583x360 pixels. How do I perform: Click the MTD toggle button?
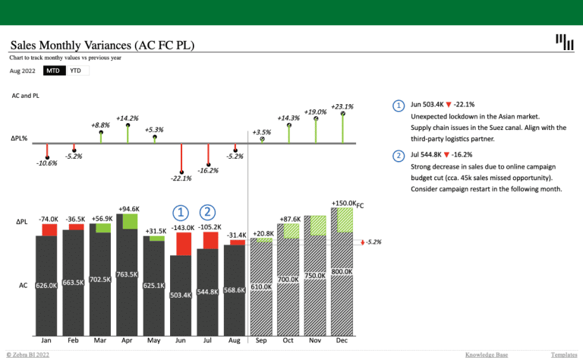click(x=52, y=71)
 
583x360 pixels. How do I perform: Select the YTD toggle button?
click(x=76, y=71)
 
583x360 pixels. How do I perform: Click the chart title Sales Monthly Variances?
click(x=102, y=46)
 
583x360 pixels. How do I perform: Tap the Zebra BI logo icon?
click(x=564, y=43)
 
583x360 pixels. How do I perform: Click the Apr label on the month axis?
click(x=127, y=341)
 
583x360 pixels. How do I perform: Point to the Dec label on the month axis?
click(x=342, y=341)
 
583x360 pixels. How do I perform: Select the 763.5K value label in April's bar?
click(x=127, y=274)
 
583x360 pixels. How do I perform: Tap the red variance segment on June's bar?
click(x=183, y=243)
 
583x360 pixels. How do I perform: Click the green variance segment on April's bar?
click(x=130, y=221)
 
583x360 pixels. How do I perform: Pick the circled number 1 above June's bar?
click(x=181, y=213)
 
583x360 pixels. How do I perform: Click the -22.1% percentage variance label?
click(x=181, y=179)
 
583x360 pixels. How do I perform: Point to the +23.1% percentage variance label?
click(x=342, y=107)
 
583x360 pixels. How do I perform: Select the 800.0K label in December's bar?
click(x=342, y=272)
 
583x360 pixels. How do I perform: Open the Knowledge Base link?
click(x=486, y=355)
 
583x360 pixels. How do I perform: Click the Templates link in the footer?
click(x=564, y=355)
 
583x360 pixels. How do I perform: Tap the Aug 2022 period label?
click(x=22, y=71)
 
